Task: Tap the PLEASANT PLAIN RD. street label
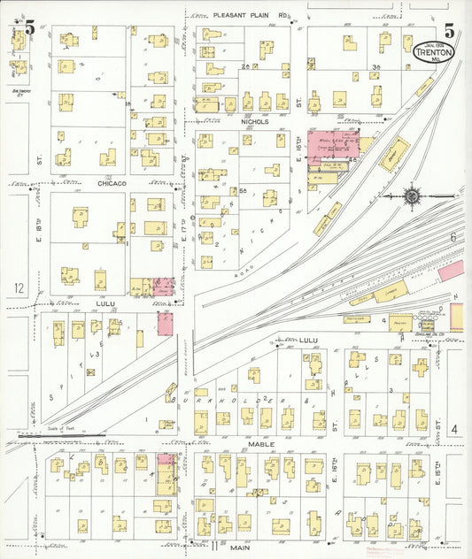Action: (x=252, y=15)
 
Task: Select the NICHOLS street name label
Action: (x=252, y=121)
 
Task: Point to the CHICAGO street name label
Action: (x=112, y=183)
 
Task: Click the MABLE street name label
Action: (x=261, y=443)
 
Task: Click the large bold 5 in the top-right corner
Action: (x=449, y=29)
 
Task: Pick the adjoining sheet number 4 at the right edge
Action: (x=453, y=429)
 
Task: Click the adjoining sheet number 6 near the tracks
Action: (x=452, y=237)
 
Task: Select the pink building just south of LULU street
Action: (x=165, y=323)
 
